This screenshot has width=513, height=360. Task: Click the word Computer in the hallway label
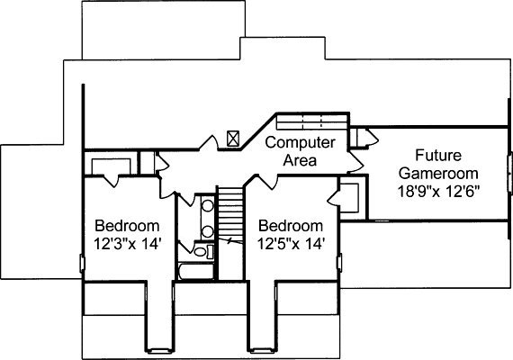(x=300, y=143)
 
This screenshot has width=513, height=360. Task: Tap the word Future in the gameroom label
(x=438, y=155)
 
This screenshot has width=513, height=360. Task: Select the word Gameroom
(x=438, y=173)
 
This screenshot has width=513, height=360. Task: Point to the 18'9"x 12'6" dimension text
(x=438, y=192)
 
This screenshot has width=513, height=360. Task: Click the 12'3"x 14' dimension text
(x=127, y=244)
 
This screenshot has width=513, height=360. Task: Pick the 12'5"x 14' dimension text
(x=291, y=244)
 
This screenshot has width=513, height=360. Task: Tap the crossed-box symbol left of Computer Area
(x=233, y=139)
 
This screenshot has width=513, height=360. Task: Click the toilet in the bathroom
(x=202, y=251)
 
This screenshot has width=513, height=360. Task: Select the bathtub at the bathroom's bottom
(x=196, y=272)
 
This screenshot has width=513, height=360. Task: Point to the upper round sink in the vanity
(x=207, y=205)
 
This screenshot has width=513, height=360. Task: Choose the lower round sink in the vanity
(x=207, y=231)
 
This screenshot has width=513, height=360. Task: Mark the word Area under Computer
(x=300, y=161)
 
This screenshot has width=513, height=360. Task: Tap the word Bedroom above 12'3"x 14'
(x=127, y=226)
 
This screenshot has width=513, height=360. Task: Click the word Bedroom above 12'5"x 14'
(x=291, y=226)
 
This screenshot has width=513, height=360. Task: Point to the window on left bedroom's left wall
(x=82, y=264)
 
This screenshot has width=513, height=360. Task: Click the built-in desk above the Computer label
(x=311, y=121)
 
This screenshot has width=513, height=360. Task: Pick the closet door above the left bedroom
(x=112, y=181)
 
